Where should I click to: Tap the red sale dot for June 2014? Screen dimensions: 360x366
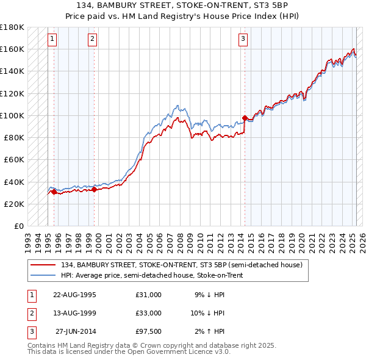pyautogui.click(x=245, y=118)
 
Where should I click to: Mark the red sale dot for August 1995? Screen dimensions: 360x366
pyautogui.click(x=54, y=192)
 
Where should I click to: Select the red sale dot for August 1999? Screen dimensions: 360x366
pyautogui.click(x=95, y=189)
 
